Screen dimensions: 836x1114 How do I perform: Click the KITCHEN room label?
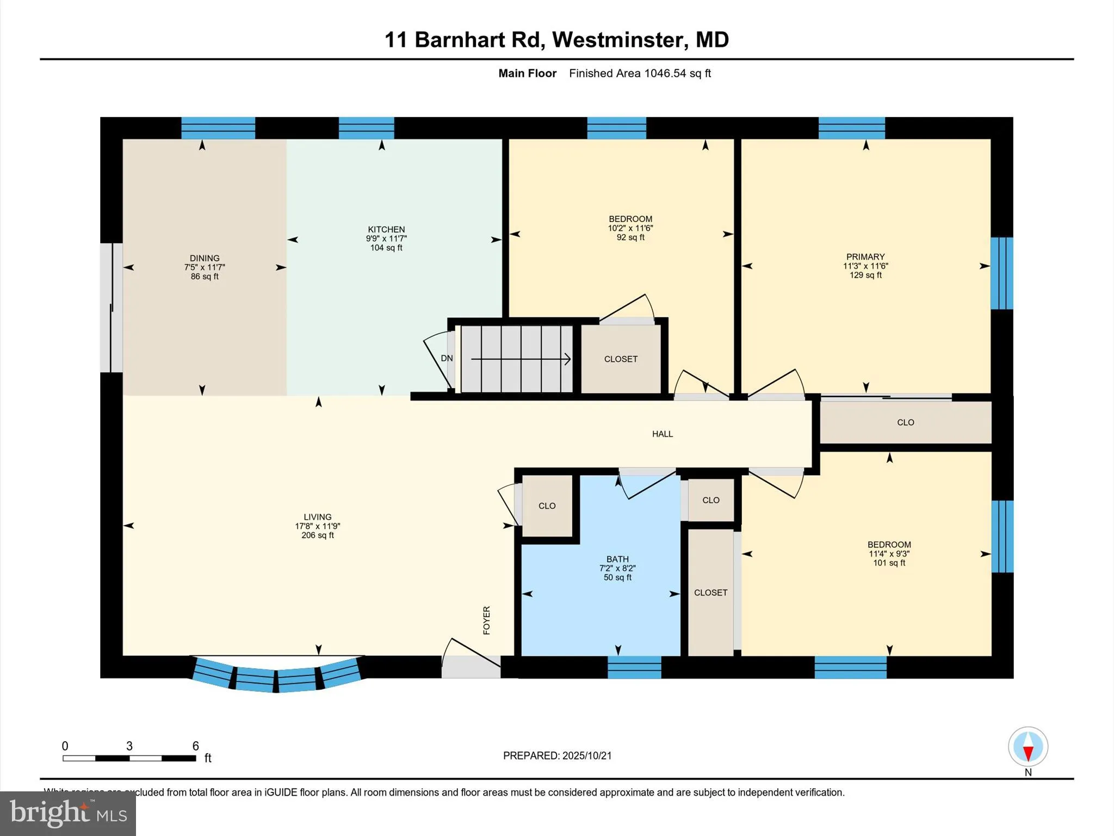[386, 229]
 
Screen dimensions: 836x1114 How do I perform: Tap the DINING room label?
[205, 258]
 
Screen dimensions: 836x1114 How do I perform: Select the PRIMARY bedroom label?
[865, 256]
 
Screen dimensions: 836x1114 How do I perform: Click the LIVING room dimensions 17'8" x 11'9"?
[317, 526]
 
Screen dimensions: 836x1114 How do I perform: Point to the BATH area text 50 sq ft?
[617, 577]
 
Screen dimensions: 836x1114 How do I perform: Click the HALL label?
[663, 434]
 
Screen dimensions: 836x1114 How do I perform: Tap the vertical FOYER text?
[487, 620]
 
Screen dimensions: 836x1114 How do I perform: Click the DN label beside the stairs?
[447, 358]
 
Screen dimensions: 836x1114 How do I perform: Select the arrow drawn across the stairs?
[520, 359]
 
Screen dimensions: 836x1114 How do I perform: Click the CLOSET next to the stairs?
[621, 359]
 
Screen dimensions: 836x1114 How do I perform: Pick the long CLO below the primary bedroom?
[905, 422]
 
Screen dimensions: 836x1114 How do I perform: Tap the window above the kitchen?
[366, 128]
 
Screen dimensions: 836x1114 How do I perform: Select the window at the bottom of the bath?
[634, 667]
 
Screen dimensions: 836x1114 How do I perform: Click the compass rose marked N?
[1028, 747]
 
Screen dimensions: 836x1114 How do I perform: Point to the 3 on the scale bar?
[129, 746]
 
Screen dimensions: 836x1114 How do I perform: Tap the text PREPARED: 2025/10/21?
[557, 755]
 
